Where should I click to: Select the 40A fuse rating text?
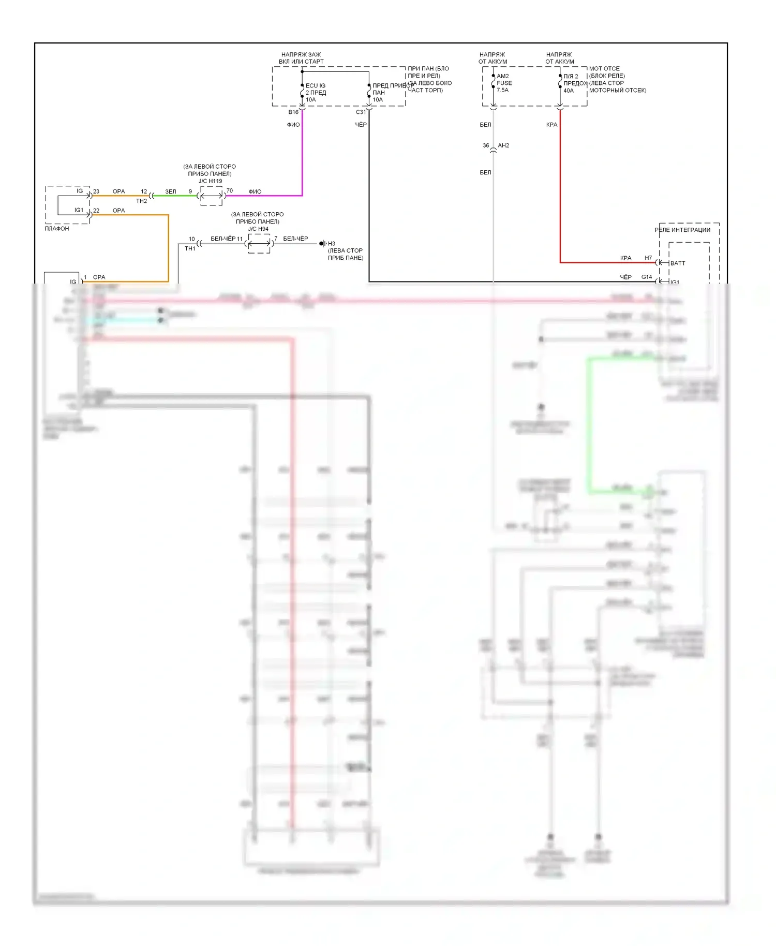[x=569, y=91]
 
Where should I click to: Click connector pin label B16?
[x=293, y=112]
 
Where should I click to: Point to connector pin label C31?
[x=361, y=112]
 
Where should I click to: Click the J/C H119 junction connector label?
[x=210, y=181]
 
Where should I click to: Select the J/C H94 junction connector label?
[x=258, y=229]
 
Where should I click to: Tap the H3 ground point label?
[x=332, y=243]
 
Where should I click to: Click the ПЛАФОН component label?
[x=57, y=228]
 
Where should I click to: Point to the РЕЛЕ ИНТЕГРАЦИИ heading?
[x=682, y=230]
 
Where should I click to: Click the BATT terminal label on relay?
[x=678, y=263]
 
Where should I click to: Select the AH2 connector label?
[x=503, y=145]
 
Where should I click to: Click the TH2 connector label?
[x=141, y=201]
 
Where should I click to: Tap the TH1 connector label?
[x=190, y=248]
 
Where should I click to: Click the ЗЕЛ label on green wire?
[x=170, y=191]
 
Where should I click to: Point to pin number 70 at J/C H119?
[x=230, y=190]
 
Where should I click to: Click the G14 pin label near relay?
[x=647, y=277]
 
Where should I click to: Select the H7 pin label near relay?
[x=648, y=258]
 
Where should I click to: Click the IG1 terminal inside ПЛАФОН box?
[x=79, y=210]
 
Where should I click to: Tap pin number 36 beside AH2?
[x=486, y=145]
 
